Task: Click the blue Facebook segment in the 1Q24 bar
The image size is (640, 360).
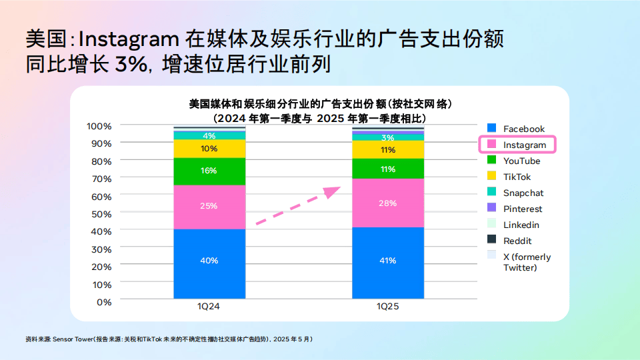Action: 209,264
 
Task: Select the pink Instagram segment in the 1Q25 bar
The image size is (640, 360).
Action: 388,203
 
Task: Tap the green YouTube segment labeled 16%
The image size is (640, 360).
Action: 209,171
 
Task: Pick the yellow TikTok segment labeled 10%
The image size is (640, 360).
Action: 209,149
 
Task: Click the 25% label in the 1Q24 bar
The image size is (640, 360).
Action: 209,206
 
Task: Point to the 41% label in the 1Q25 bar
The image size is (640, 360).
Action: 388,261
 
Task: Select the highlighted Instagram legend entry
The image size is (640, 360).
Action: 517,145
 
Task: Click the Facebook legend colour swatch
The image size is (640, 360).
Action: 491,129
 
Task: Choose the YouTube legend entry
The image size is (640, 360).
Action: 521,161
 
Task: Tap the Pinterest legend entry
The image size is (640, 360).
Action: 523,209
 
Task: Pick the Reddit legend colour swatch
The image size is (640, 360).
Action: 491,241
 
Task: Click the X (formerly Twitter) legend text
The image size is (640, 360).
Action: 527,262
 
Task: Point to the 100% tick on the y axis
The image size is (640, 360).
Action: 99,126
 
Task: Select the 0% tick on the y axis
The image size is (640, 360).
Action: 103,301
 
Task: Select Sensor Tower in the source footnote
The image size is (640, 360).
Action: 73,339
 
